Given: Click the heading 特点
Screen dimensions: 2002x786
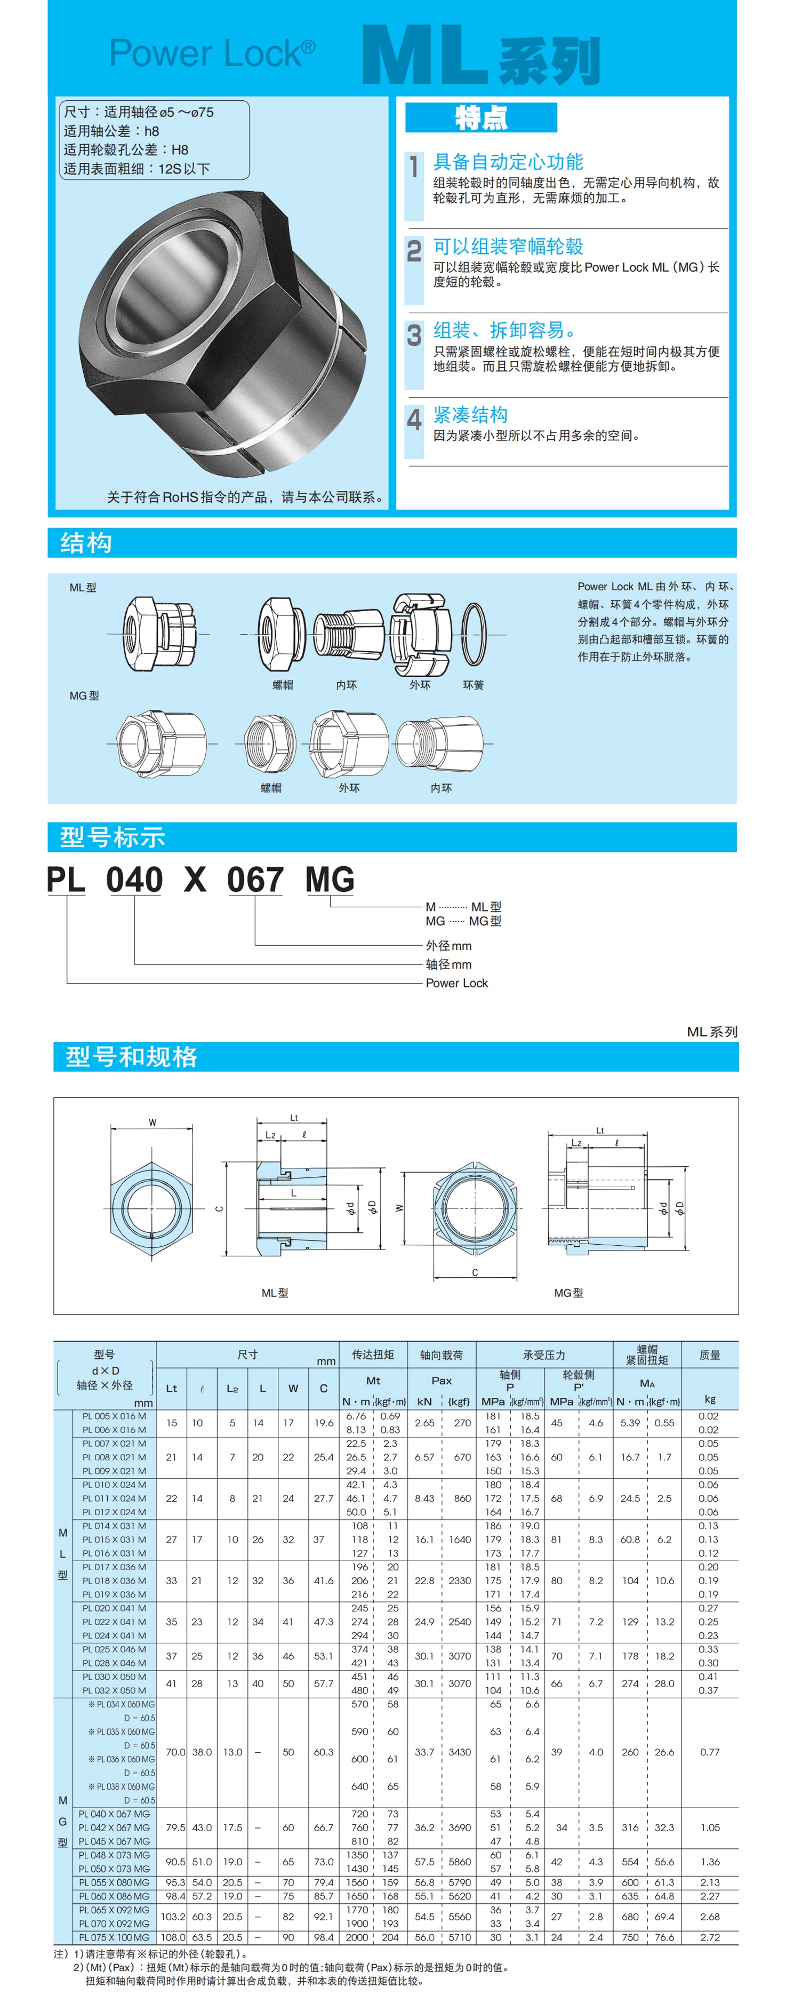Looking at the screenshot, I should [x=481, y=118].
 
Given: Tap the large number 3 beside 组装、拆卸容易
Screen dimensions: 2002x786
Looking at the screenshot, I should [x=414, y=335].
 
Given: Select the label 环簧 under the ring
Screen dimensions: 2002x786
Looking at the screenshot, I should [x=473, y=685].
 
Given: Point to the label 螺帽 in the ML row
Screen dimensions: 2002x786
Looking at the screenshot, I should [x=283, y=685].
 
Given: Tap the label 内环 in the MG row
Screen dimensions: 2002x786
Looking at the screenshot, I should [x=441, y=787].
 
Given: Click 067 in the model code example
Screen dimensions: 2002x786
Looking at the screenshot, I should [x=255, y=880].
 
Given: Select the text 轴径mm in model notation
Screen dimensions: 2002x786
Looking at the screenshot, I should [x=448, y=964].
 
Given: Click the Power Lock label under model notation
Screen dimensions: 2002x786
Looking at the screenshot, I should [x=456, y=983].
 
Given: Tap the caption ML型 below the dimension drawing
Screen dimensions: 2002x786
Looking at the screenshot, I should [x=274, y=1293].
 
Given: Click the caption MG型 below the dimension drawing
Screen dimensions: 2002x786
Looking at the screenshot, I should [x=568, y=1293].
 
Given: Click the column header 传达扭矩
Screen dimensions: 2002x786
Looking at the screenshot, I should [x=373, y=1354].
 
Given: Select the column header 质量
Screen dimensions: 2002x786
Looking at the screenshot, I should [x=709, y=1355].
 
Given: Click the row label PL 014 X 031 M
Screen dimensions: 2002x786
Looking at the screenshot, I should [x=114, y=1525].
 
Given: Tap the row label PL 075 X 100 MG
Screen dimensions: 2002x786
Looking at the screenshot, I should [x=114, y=1937].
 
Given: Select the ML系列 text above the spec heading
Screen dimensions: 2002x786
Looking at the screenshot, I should [x=711, y=1031].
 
